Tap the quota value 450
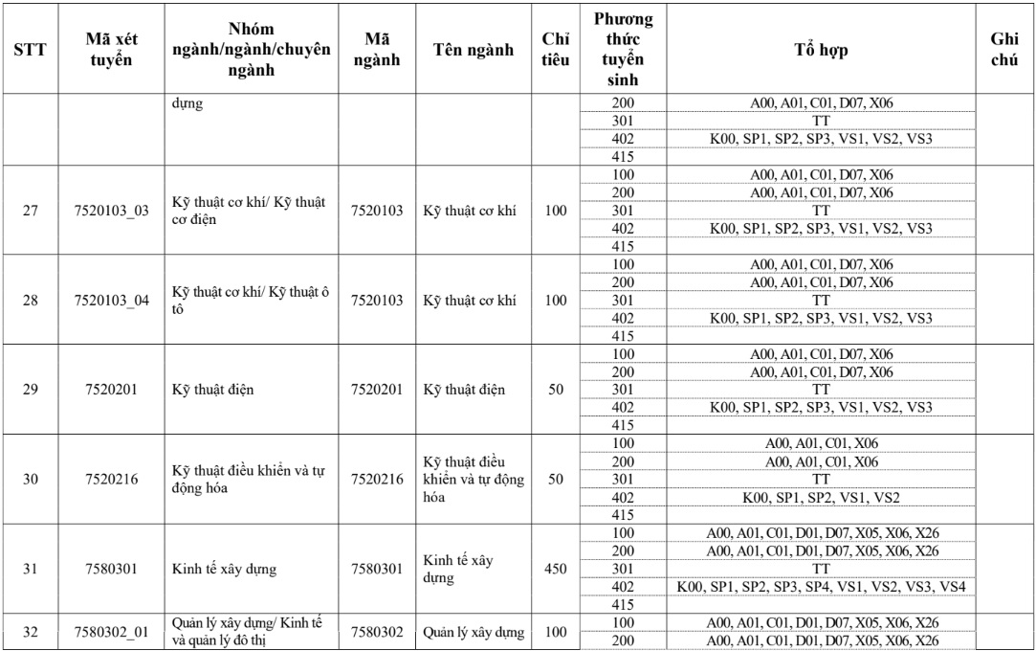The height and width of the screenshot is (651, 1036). click(555, 569)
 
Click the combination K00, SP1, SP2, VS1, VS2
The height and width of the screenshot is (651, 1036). click(820, 497)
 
